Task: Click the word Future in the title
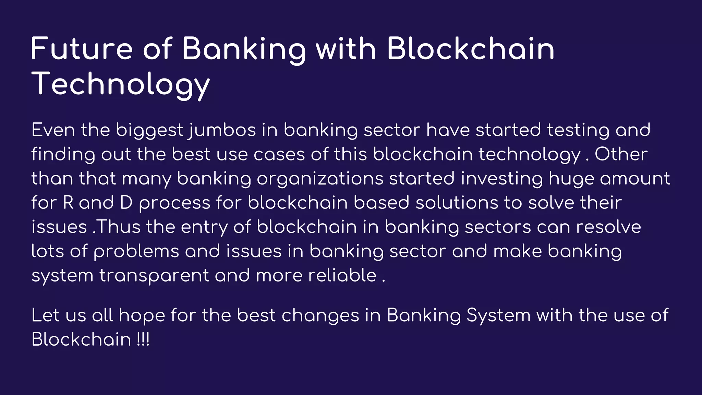(x=82, y=49)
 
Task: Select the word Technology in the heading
(x=120, y=84)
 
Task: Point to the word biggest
(x=149, y=131)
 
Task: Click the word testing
(x=578, y=131)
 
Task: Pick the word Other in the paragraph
(x=621, y=154)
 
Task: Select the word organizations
(x=320, y=179)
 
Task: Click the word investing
(x=501, y=179)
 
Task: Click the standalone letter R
(x=68, y=203)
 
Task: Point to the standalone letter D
(x=126, y=203)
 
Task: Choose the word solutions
(x=457, y=203)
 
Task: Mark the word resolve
(x=608, y=227)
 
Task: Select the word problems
(x=136, y=251)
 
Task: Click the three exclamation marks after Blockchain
(x=143, y=339)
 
